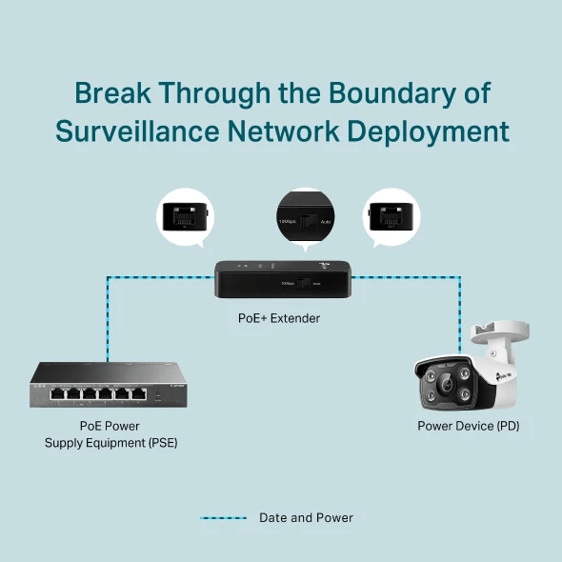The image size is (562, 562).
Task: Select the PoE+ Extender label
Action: coord(279,318)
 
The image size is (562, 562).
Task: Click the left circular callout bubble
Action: coord(186,217)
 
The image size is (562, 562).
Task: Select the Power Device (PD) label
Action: coord(468,426)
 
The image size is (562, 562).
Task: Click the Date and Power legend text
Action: coord(306,518)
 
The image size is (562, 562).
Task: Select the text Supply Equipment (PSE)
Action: coord(110,443)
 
